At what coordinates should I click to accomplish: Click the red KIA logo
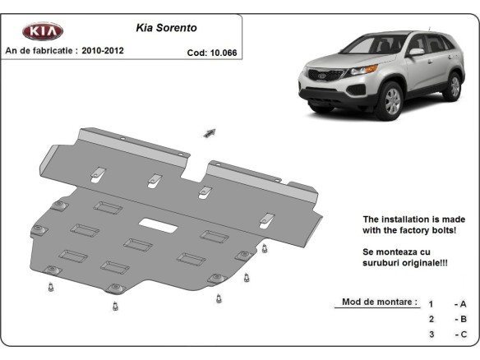point(42,31)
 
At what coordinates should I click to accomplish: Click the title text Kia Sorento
point(165,26)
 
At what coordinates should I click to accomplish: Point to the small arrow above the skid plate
point(209,132)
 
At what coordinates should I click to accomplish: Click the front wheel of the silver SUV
point(391,101)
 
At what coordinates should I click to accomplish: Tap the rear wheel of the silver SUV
point(452,85)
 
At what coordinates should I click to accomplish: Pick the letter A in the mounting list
point(464,303)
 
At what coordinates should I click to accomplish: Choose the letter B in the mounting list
point(464,319)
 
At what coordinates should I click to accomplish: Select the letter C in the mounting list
point(464,335)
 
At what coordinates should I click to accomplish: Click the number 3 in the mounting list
point(431,335)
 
